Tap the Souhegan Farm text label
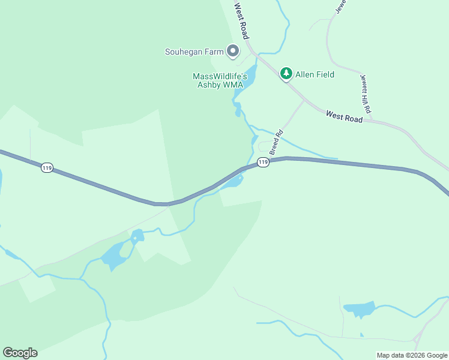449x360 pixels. click(194, 52)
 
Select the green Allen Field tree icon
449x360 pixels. click(286, 73)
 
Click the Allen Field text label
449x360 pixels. click(315, 74)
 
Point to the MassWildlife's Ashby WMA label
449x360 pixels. click(220, 80)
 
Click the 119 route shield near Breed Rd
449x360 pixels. click(262, 162)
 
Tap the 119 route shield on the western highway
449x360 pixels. click(47, 168)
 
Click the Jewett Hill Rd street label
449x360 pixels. click(366, 94)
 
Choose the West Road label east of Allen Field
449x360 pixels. click(345, 116)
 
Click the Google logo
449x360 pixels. click(20, 353)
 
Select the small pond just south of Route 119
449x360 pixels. click(233, 182)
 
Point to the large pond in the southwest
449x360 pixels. click(113, 257)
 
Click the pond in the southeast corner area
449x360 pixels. click(359, 310)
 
